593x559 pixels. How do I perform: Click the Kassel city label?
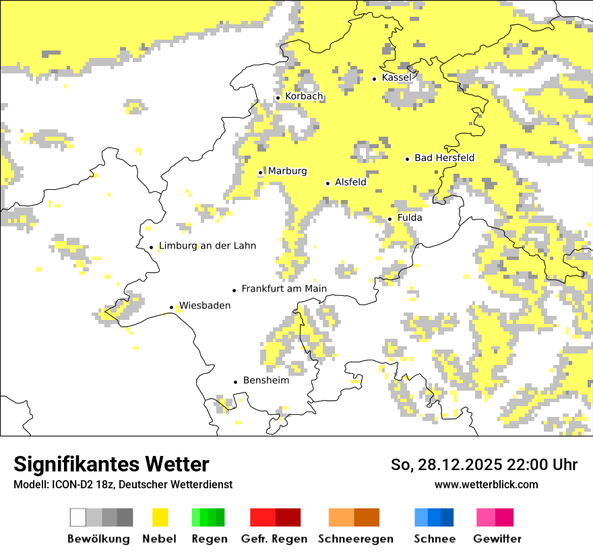(x=396, y=77)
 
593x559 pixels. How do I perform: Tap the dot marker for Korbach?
(x=278, y=98)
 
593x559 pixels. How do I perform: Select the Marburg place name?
(x=287, y=171)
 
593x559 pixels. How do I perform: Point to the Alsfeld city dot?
(x=328, y=183)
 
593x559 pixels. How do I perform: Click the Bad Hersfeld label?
(x=444, y=158)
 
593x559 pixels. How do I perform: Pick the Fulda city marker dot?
(x=389, y=219)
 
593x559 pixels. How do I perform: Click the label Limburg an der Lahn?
(x=207, y=246)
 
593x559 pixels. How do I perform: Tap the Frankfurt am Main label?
(x=284, y=289)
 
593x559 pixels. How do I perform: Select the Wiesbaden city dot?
(x=172, y=307)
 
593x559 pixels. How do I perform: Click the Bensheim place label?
(x=266, y=381)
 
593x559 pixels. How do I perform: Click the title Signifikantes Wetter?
(x=111, y=465)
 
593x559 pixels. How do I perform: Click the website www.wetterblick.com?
(x=486, y=484)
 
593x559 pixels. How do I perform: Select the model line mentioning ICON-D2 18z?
(x=123, y=485)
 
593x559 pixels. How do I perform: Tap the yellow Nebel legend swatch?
(x=160, y=517)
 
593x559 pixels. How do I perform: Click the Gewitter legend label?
(x=497, y=539)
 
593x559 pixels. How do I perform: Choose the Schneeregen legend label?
(x=355, y=539)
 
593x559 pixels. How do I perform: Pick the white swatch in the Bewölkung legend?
(x=78, y=517)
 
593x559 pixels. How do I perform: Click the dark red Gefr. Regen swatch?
(x=288, y=517)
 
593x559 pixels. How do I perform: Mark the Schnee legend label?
(x=434, y=539)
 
